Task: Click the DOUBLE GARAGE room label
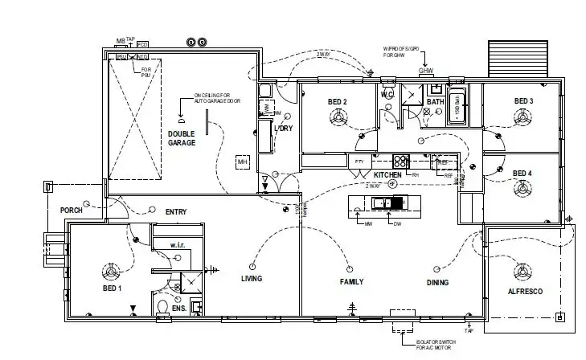(x=182, y=137)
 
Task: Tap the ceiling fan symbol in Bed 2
(x=337, y=117)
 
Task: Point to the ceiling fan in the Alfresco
(x=526, y=272)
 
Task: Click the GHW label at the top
(x=426, y=71)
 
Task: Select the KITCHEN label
(x=387, y=174)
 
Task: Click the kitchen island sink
(x=387, y=202)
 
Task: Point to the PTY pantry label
(x=359, y=162)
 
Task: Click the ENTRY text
(x=176, y=212)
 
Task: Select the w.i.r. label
(x=178, y=244)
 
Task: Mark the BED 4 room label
(x=522, y=174)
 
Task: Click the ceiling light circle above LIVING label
(x=252, y=265)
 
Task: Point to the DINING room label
(x=437, y=282)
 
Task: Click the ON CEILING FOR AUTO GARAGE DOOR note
(x=217, y=100)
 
